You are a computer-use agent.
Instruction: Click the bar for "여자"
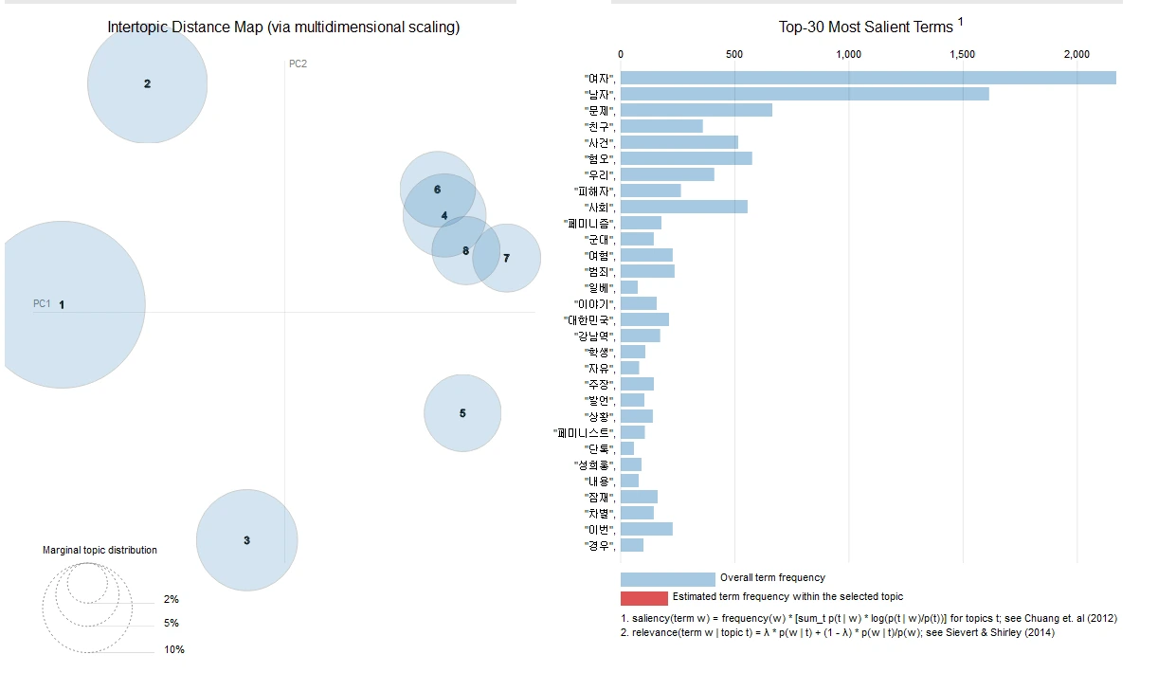(x=867, y=78)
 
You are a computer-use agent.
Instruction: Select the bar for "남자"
(x=804, y=94)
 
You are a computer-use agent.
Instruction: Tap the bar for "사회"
(x=683, y=207)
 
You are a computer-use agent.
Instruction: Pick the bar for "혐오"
(x=686, y=158)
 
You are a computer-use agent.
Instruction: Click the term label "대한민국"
(x=589, y=320)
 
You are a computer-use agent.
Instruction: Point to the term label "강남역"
(x=594, y=336)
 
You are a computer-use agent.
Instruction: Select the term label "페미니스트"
(x=585, y=433)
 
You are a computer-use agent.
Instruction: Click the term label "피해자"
(x=594, y=191)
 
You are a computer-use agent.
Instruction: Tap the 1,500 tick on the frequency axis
(x=962, y=54)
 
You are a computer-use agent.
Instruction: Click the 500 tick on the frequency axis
(x=734, y=54)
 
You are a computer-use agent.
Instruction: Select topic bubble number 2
(x=147, y=83)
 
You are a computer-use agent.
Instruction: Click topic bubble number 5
(x=462, y=413)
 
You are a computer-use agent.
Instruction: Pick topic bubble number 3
(x=246, y=540)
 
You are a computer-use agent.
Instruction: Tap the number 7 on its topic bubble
(x=507, y=258)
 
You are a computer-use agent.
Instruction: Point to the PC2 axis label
(x=298, y=64)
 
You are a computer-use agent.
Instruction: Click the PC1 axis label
(x=42, y=303)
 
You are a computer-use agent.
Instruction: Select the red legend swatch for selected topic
(x=643, y=597)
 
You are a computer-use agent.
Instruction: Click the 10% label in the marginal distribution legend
(x=173, y=649)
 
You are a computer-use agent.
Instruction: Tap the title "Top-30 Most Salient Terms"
(x=865, y=27)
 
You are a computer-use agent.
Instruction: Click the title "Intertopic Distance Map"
(x=283, y=27)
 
